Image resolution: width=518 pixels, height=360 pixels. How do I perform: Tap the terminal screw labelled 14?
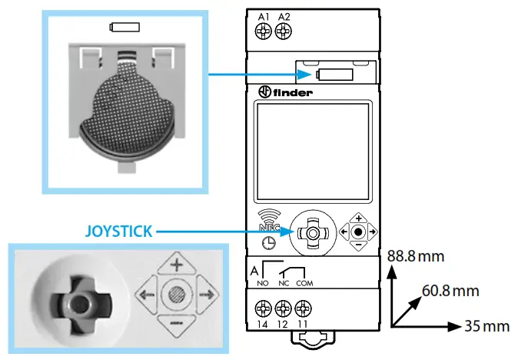point(264,310)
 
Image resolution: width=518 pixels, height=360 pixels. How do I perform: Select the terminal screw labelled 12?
point(284,310)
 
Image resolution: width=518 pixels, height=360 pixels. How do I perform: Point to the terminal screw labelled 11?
point(304,310)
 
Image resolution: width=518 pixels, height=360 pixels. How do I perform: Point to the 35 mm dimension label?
point(487,326)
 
